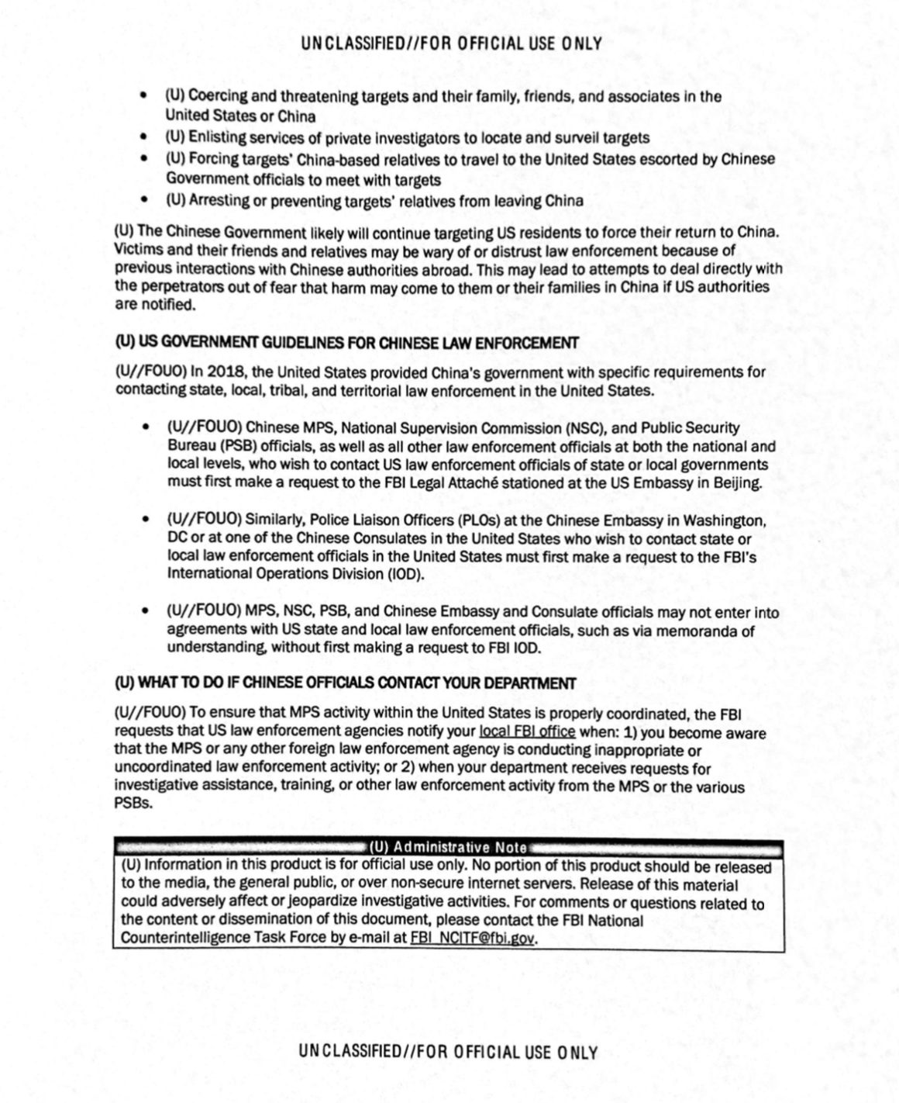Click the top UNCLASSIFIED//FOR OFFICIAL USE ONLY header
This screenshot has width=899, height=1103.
pos(451,43)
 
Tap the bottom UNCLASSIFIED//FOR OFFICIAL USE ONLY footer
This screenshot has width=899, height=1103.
pos(448,1052)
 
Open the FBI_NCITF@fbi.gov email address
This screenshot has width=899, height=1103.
pos(473,938)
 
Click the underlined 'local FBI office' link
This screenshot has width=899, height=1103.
pos(527,731)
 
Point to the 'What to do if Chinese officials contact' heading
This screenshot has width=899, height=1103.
pos(345,683)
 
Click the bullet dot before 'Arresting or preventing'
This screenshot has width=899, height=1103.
pos(143,201)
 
